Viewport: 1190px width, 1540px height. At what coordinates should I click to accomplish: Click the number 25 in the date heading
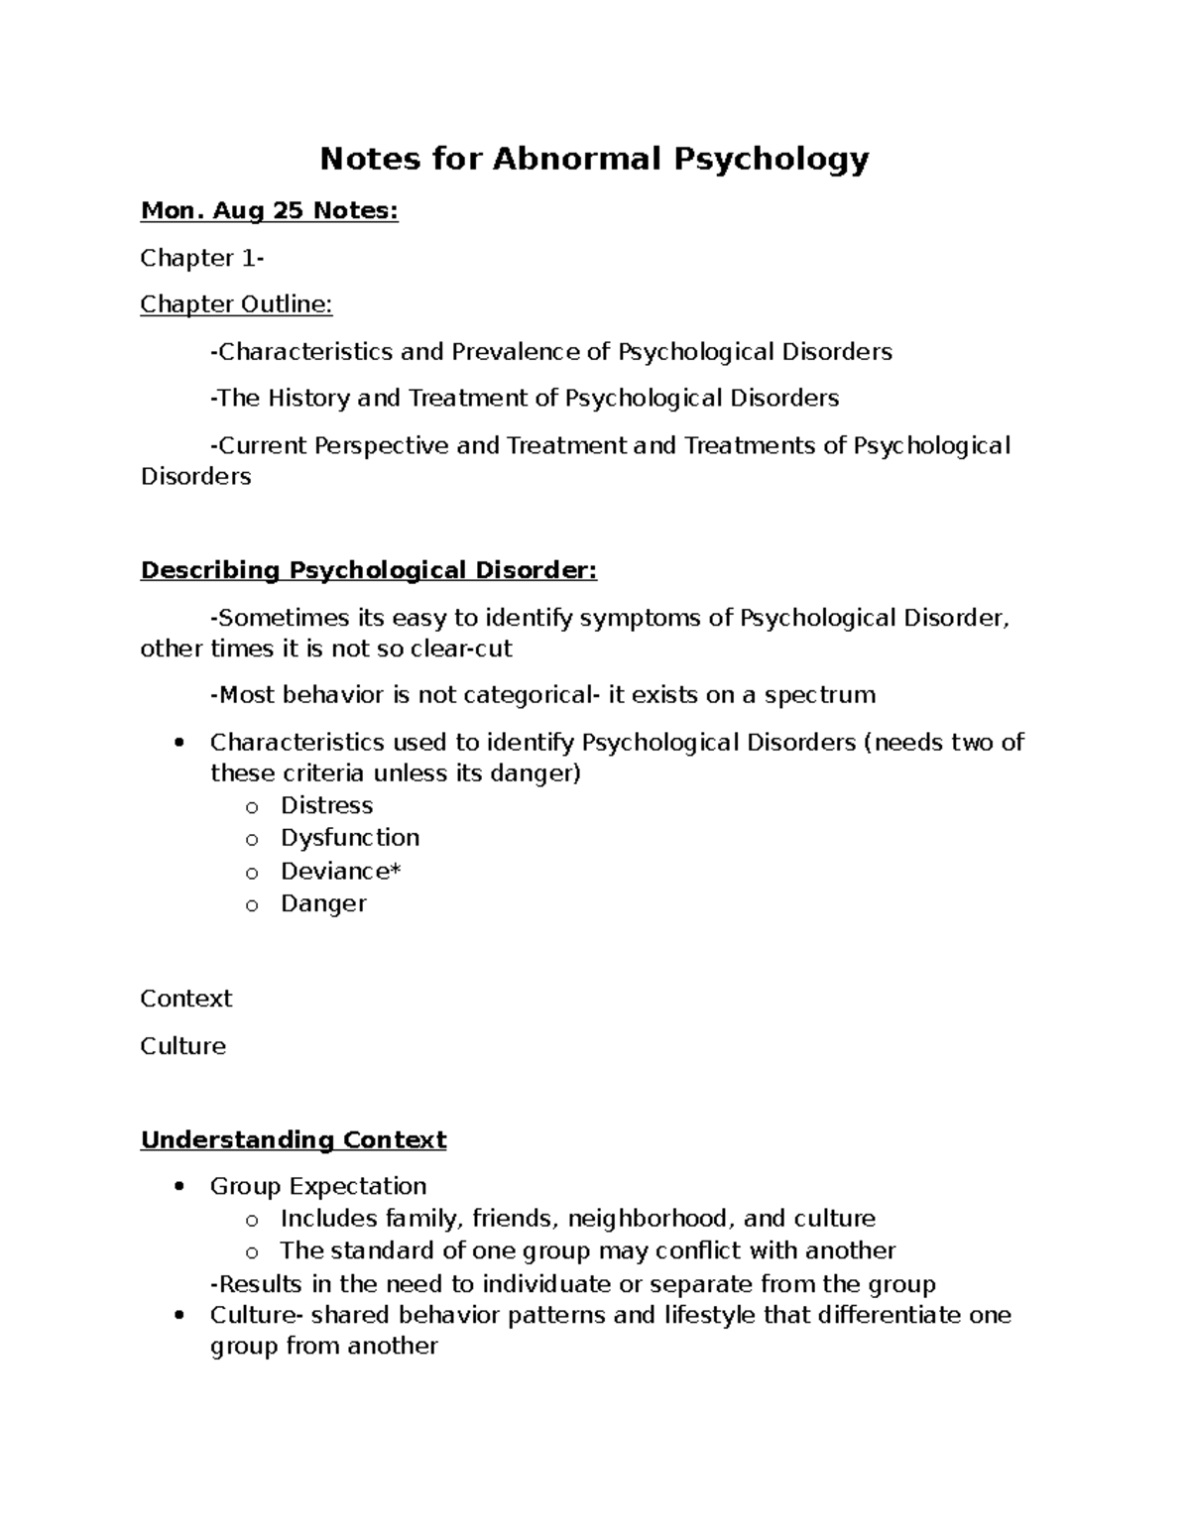point(286,210)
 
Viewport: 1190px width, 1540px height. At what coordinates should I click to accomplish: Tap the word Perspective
point(382,445)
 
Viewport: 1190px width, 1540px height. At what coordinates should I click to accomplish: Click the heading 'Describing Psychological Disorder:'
point(369,570)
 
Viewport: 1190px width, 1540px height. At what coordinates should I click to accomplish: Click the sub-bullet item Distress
point(326,805)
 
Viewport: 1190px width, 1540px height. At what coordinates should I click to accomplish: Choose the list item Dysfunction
point(349,838)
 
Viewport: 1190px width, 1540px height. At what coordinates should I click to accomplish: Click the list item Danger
point(323,903)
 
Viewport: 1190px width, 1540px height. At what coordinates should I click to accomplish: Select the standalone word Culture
point(183,1046)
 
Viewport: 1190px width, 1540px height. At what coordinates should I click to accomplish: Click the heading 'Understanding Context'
point(294,1139)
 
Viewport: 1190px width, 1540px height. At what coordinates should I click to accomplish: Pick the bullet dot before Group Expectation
point(178,1187)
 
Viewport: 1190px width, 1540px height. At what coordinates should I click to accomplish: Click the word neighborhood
point(649,1218)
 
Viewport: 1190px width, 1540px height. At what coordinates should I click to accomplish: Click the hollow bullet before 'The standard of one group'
point(252,1252)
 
